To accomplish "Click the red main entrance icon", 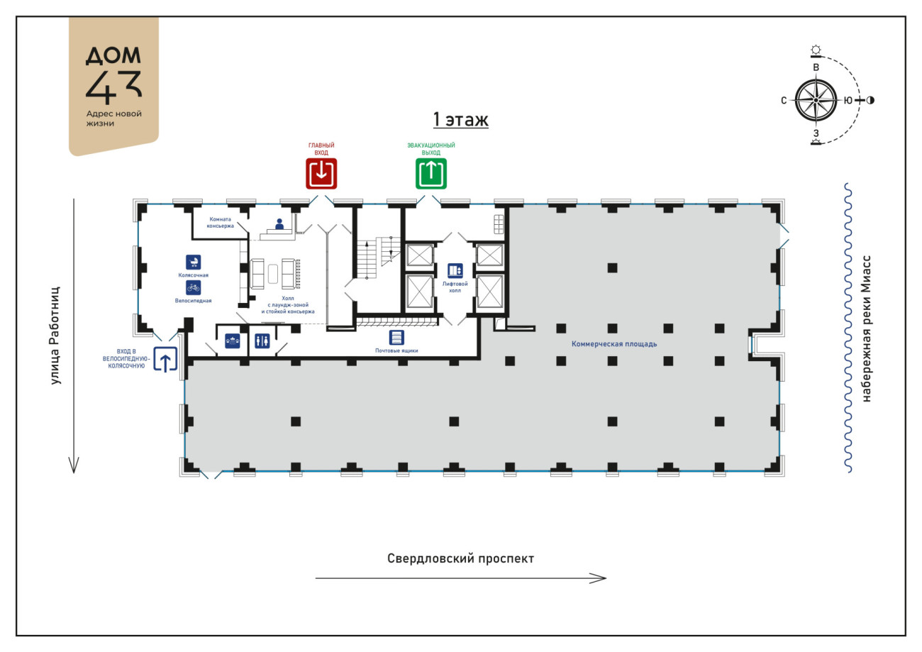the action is (321, 173).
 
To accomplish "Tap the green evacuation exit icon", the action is (431, 173).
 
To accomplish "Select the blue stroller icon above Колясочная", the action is (193, 262).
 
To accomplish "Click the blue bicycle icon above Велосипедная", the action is (193, 288).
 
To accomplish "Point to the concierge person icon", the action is (279, 224).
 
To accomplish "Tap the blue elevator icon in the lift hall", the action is (455, 271).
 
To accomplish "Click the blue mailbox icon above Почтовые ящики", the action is (396, 338).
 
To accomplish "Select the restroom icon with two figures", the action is (262, 341).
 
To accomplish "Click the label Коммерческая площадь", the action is (614, 344).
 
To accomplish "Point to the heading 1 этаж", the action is (460, 120).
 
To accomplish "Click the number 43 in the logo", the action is (113, 87).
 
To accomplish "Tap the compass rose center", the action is (816, 101).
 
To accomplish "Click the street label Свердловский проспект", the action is (460, 558).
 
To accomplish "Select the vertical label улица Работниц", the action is (55, 336).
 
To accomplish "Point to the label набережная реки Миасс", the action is (866, 328).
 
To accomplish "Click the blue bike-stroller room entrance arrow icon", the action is (165, 359).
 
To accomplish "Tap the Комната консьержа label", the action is (220, 223).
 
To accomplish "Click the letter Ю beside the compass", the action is (848, 101).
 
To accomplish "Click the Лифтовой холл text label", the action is (455, 287).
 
